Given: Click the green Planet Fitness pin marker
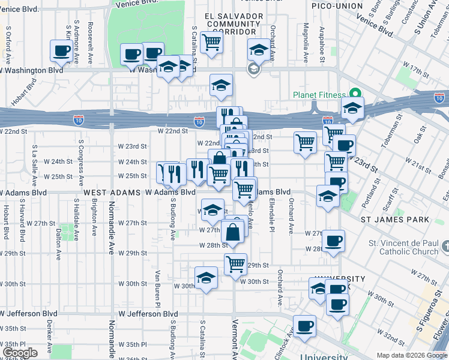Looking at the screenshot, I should [x=355, y=95].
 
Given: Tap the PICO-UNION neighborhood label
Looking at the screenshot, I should [x=337, y=6].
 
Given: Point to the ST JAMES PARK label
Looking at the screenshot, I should [x=394, y=220].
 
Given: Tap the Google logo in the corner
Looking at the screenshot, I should [x=20, y=353].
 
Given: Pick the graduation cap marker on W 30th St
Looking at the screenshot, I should [x=206, y=278].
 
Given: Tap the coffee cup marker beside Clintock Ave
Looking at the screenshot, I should [x=305, y=326].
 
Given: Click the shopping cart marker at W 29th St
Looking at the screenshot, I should [x=235, y=263].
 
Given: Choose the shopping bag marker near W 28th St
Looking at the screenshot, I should [x=232, y=231].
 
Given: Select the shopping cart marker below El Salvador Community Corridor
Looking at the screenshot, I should [x=211, y=43].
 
